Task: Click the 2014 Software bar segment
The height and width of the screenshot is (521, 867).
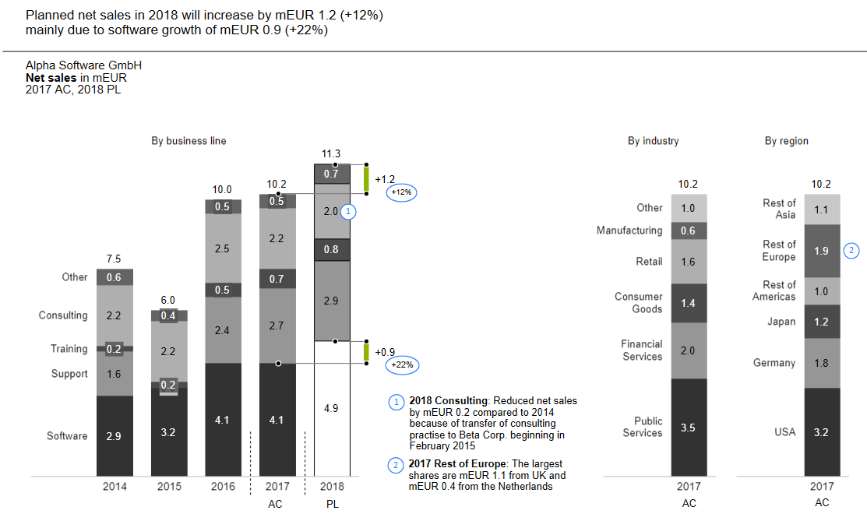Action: pyautogui.click(x=115, y=436)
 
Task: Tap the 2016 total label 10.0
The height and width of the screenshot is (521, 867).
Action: pyautogui.click(x=222, y=189)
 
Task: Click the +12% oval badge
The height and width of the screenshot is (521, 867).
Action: pyautogui.click(x=401, y=192)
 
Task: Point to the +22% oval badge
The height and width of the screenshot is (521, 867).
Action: pyautogui.click(x=401, y=364)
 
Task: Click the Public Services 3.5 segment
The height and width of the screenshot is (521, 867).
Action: pyautogui.click(x=689, y=428)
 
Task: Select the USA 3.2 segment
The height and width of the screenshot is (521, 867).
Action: pyautogui.click(x=821, y=431)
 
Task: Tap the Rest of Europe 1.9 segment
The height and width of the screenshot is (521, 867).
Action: pyautogui.click(x=821, y=251)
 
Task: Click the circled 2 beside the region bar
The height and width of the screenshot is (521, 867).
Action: pyautogui.click(x=852, y=251)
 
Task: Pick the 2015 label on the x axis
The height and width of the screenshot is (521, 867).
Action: pyautogui.click(x=168, y=487)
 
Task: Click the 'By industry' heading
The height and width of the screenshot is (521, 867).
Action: pyautogui.click(x=653, y=141)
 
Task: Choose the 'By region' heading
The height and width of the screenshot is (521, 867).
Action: pyautogui.click(x=786, y=141)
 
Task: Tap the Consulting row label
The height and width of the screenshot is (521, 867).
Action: pyautogui.click(x=63, y=315)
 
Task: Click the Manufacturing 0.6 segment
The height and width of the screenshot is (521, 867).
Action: pyautogui.click(x=689, y=231)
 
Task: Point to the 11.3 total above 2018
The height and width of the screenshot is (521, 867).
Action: pyautogui.click(x=331, y=153)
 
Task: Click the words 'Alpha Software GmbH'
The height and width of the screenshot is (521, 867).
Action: pyautogui.click(x=83, y=66)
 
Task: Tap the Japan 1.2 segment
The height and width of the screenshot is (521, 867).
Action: pyautogui.click(x=821, y=322)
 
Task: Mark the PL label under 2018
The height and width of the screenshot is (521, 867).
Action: pyautogui.click(x=332, y=504)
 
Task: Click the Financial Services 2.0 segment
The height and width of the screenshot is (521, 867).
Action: pyautogui.click(x=689, y=350)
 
